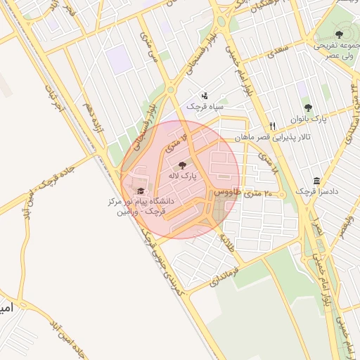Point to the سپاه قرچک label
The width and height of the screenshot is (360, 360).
click(x=205, y=105)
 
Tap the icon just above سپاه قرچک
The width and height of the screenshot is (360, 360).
click(x=205, y=95)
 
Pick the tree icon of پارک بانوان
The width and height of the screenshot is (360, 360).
click(x=308, y=108)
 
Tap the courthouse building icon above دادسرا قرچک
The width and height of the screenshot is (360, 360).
click(x=316, y=181)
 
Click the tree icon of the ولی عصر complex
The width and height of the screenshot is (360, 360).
click(x=340, y=34)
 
